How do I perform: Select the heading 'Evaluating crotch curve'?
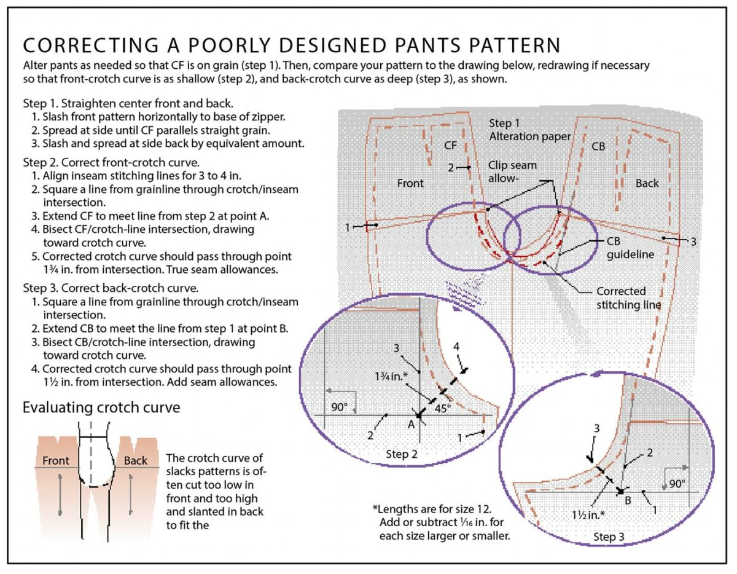pyautogui.click(x=101, y=407)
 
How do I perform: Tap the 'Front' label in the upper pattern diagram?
pyautogui.click(x=410, y=183)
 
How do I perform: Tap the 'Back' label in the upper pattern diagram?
pyautogui.click(x=647, y=183)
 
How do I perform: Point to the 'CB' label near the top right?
pyautogui.click(x=598, y=147)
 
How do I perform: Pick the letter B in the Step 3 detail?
pyautogui.click(x=628, y=501)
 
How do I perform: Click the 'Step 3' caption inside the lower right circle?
pyautogui.click(x=609, y=537)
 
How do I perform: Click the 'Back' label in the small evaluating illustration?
pyautogui.click(x=136, y=460)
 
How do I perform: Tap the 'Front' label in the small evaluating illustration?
pyautogui.click(x=55, y=460)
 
